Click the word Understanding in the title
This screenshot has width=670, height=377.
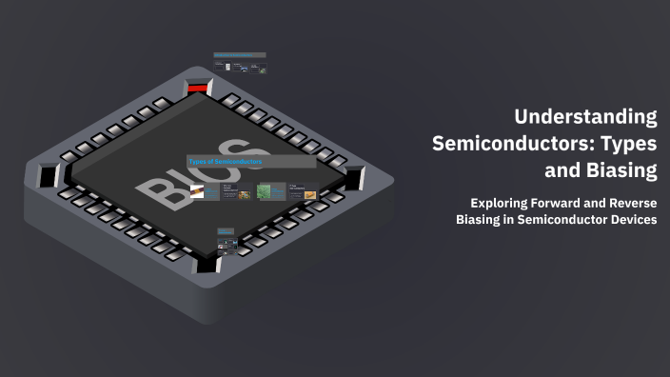[585, 117]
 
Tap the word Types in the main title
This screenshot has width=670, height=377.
[623, 144]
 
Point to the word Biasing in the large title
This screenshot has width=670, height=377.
[614, 171]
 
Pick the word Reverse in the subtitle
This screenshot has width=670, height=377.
[632, 203]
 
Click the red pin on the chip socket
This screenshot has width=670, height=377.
[197, 89]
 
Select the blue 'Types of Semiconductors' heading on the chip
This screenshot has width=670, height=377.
[226, 162]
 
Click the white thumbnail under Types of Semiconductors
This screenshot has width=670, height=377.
[197, 192]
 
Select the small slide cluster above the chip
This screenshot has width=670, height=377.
[240, 63]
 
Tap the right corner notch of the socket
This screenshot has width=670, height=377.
[355, 177]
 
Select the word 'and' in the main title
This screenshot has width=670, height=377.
[562, 171]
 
